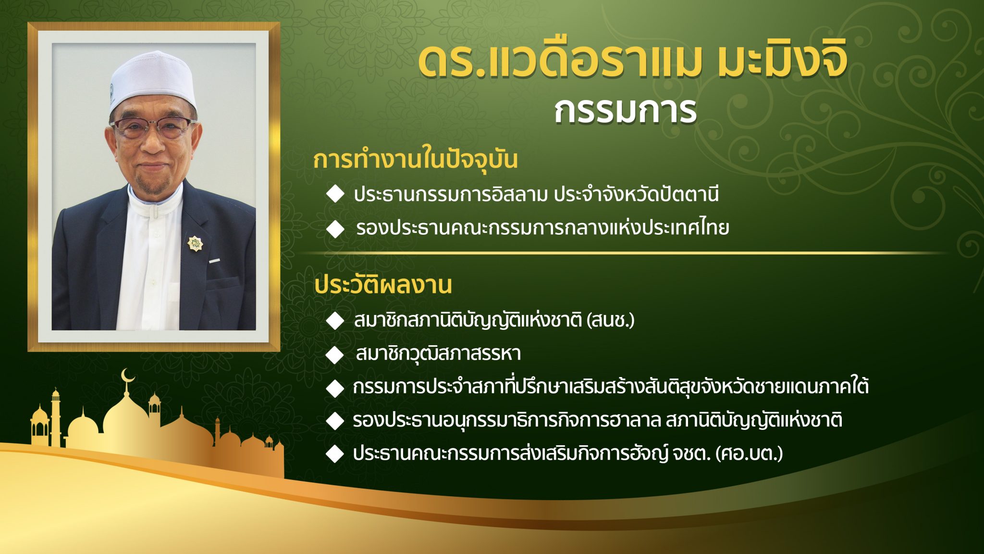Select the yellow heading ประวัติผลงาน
click(x=383, y=285)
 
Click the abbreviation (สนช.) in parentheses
click(x=611, y=320)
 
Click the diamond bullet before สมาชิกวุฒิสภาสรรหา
click(x=334, y=355)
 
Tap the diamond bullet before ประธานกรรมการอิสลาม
click(x=335, y=195)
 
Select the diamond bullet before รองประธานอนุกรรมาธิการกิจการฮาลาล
click(x=334, y=421)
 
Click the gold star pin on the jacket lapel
click(x=195, y=244)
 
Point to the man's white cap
click(x=152, y=80)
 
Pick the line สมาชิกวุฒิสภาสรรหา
click(x=438, y=354)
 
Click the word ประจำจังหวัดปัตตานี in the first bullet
click(x=636, y=195)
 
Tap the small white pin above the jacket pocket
click(x=214, y=261)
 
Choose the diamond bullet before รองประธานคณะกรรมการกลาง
click(x=335, y=229)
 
